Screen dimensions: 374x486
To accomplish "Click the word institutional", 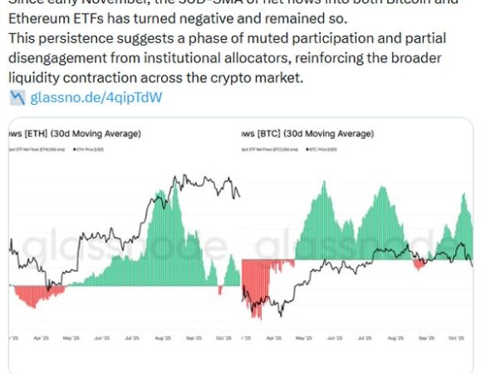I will point(236,60).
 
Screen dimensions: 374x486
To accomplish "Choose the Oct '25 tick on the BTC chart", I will point(456,339).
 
